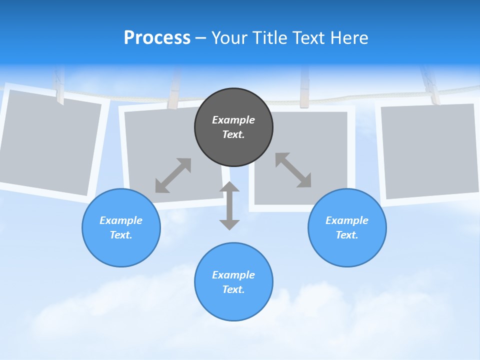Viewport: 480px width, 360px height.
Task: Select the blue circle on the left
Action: tap(121, 227)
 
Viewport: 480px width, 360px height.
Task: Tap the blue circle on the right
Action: tap(347, 227)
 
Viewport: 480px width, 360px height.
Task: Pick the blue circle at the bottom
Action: tap(233, 282)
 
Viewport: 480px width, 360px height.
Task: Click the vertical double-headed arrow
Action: tap(229, 205)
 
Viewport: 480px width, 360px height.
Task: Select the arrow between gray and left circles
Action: tap(173, 175)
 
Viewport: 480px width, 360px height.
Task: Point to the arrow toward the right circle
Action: tap(293, 170)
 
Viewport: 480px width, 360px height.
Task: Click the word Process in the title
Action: tap(157, 38)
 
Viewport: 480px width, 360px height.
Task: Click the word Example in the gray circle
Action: tap(233, 120)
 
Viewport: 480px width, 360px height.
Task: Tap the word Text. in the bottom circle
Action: tap(233, 289)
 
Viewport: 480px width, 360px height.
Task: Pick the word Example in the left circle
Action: tap(121, 220)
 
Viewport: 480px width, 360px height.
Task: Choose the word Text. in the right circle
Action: tap(347, 235)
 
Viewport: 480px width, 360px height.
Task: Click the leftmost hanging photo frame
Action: tap(47, 142)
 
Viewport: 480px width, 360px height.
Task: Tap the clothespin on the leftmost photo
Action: tap(59, 87)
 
